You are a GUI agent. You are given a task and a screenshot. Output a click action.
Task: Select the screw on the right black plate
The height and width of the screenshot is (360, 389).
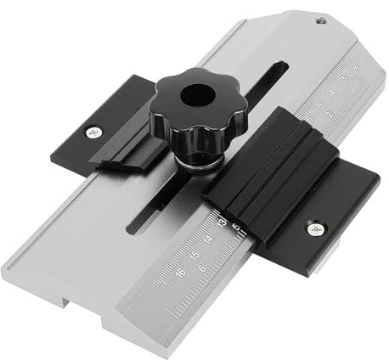pyautogui.click(x=315, y=228)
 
